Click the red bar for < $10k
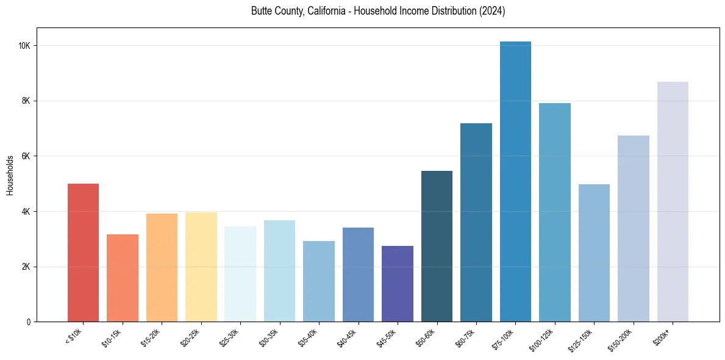click(83, 253)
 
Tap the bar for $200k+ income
click(673, 202)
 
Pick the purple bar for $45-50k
click(398, 284)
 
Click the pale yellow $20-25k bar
click(201, 267)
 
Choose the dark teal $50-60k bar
click(437, 247)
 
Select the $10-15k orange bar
click(123, 278)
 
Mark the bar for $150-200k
click(634, 229)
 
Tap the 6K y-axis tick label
click(26, 156)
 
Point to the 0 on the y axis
click(29, 322)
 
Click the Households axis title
click(10, 175)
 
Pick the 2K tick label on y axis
click(26, 267)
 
